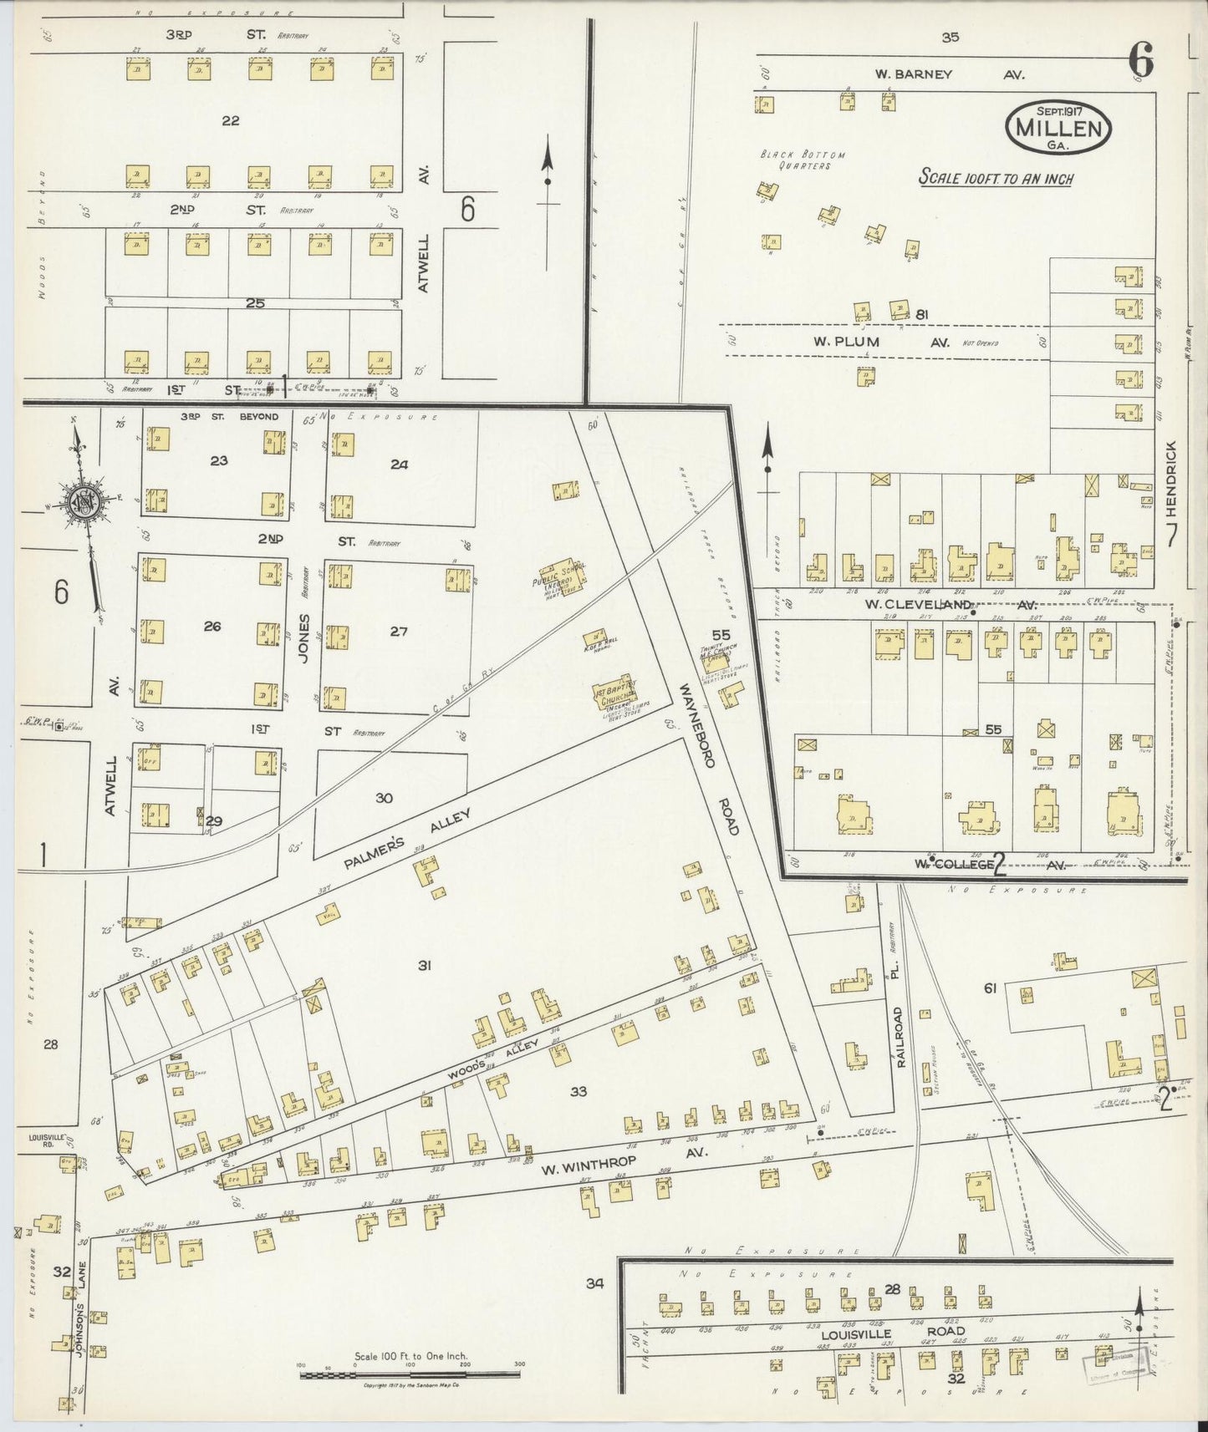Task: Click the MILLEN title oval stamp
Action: [1058, 128]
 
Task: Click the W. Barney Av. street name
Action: [949, 74]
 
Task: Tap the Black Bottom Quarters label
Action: [802, 160]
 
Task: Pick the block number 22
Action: [230, 120]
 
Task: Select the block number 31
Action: [425, 965]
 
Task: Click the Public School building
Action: [563, 575]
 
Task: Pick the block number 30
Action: [383, 798]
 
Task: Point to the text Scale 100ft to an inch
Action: [996, 177]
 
